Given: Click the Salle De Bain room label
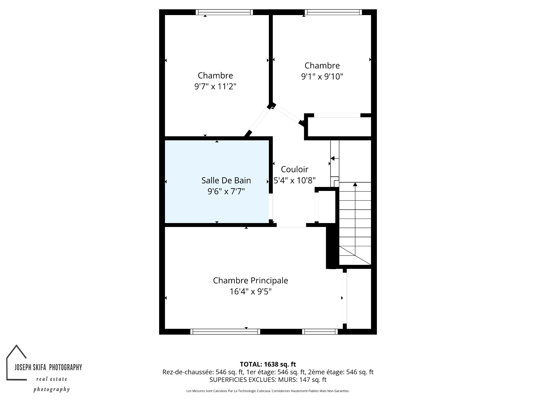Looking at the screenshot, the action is (x=226, y=180).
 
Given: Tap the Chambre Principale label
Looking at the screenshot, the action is (x=250, y=281).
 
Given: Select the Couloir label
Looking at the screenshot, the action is (x=295, y=169).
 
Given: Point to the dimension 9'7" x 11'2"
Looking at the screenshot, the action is (x=215, y=87).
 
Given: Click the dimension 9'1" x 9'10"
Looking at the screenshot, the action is (x=322, y=76).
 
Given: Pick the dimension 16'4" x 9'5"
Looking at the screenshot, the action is (x=250, y=292).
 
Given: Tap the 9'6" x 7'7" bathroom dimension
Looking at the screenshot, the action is (x=226, y=192).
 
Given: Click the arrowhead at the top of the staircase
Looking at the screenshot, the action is (x=355, y=184).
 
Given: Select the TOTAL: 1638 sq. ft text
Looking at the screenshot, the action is (x=268, y=364).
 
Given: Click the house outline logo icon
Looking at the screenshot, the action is (x=17, y=362).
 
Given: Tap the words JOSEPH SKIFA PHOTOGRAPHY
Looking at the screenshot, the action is (x=48, y=367).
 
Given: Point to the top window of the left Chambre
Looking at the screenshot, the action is (x=224, y=12).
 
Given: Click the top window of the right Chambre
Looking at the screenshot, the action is (x=333, y=12).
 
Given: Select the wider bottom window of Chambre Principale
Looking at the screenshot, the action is (x=225, y=332).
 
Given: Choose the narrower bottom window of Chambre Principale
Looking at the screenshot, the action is (x=320, y=332).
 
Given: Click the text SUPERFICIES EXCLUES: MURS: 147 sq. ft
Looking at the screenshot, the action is (x=268, y=380).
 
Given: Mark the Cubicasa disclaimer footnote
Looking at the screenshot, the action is (x=268, y=391).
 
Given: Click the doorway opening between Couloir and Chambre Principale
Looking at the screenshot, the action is (x=291, y=225).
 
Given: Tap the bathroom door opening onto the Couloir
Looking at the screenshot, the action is (x=271, y=207).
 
